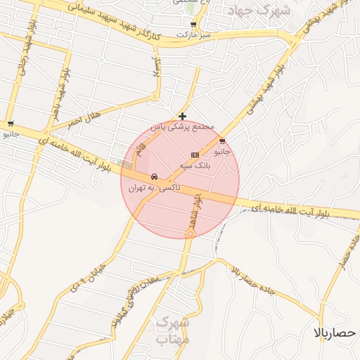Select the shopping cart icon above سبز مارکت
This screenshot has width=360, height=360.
pos(193,24)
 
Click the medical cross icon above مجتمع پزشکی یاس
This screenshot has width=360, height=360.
pos(183,116)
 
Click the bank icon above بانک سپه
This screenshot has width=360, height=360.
pos(195,155)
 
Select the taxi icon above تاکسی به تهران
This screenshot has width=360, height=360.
pos(154,176)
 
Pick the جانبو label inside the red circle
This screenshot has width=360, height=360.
pos(222,150)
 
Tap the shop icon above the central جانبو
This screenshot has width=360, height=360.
pos(223,140)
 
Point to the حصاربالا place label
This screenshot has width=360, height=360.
pos(337,332)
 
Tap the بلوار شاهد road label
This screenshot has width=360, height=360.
pos(198,209)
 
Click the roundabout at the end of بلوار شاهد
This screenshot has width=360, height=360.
pos(189,232)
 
